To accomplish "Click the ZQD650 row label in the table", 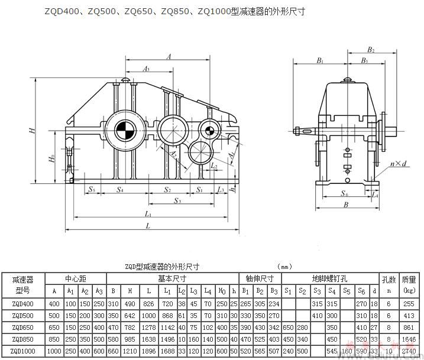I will [x=22, y=326].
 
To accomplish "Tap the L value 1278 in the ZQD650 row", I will [x=148, y=326].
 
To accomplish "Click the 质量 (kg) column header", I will [x=409, y=284].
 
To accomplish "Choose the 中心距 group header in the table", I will [x=77, y=278].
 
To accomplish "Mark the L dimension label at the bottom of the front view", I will [x=147, y=225].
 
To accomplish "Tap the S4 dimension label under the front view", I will [x=120, y=190].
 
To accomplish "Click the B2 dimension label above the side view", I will [x=370, y=50].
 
